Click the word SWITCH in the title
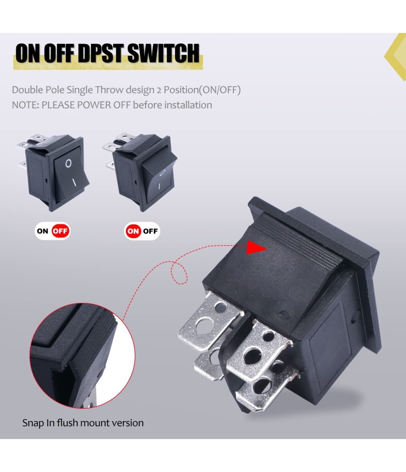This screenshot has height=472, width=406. (163, 53)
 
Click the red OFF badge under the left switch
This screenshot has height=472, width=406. (60, 231)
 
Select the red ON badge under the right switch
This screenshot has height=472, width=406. (133, 231)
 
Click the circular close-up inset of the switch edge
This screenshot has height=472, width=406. (82, 355)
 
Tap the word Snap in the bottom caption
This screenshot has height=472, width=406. (33, 423)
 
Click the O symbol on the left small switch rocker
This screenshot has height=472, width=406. (69, 163)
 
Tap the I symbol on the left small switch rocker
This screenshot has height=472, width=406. (74, 182)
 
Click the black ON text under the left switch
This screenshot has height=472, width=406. (43, 231)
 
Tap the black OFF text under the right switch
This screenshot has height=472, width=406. (150, 231)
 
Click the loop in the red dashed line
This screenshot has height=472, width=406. (179, 273)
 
